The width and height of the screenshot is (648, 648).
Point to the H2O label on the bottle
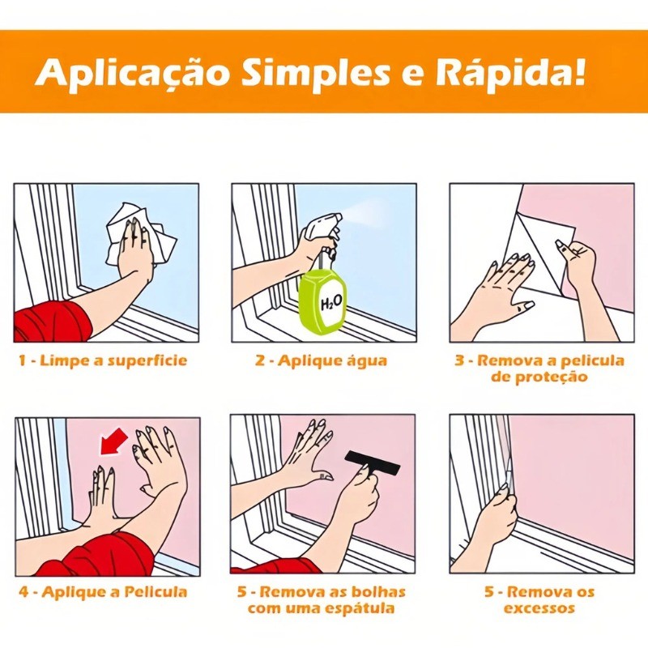331,303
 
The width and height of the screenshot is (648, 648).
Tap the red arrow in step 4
113,441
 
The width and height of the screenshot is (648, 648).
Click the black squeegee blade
373,463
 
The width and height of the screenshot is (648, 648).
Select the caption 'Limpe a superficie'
113,360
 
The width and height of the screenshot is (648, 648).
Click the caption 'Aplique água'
333,360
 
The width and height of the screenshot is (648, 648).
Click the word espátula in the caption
359,609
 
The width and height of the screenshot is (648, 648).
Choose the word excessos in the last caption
539,608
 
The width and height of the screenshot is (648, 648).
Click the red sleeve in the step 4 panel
98,555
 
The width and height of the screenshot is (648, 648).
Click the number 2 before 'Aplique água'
259,360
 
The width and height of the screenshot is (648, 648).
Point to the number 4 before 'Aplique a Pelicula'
24,592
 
